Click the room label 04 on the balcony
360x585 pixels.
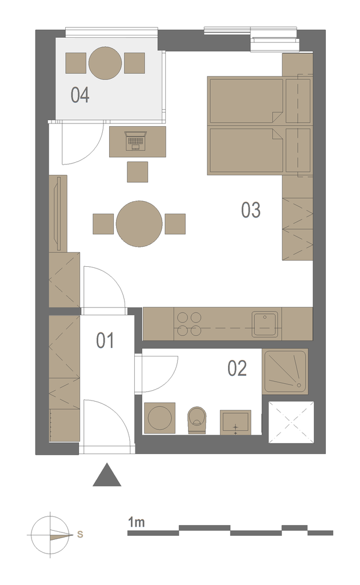click(x=80, y=95)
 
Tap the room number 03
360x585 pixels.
click(x=251, y=210)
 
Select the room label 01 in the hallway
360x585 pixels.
click(x=105, y=340)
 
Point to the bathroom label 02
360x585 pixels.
click(x=237, y=368)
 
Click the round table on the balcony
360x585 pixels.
click(x=105, y=63)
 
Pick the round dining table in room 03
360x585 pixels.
click(x=139, y=224)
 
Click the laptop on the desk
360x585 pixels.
click(x=136, y=141)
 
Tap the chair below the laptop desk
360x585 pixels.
click(x=137, y=172)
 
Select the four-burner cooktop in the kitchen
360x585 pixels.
click(x=189, y=324)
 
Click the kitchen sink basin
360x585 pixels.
click(x=265, y=324)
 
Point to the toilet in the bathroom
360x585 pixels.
click(x=197, y=420)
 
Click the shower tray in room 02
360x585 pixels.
click(x=285, y=371)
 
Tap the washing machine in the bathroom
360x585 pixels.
click(x=159, y=418)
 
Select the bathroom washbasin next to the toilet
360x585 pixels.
click(x=235, y=422)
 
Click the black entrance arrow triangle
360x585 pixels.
click(x=107, y=475)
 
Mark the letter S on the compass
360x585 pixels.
click(x=80, y=534)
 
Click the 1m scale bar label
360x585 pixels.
click(x=136, y=522)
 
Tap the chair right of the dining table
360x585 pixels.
click(x=175, y=224)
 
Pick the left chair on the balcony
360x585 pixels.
click(x=76, y=63)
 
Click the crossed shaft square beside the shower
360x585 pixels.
click(x=291, y=422)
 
